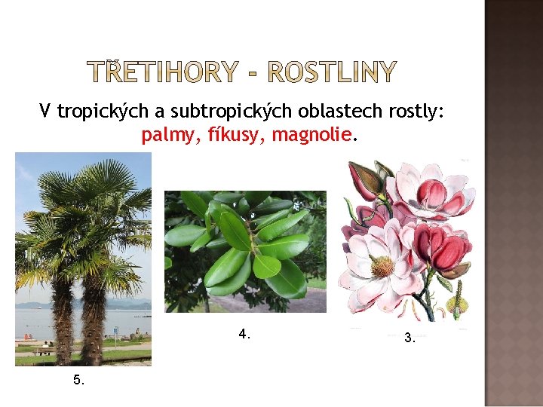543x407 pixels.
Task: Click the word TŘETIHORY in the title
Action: click(x=163, y=72)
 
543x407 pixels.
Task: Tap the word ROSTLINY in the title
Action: click(x=332, y=72)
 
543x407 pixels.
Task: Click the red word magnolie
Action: click(x=311, y=136)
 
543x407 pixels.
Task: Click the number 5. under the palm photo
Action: click(x=79, y=380)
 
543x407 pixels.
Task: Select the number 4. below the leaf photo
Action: click(x=244, y=333)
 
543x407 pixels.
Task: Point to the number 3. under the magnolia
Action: click(x=410, y=338)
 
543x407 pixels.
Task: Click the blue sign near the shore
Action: click(x=114, y=331)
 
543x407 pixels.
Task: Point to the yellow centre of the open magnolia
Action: click(x=382, y=265)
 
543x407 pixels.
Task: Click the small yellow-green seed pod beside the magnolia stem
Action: click(x=456, y=305)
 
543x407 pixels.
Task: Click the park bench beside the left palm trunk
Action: click(x=41, y=350)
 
